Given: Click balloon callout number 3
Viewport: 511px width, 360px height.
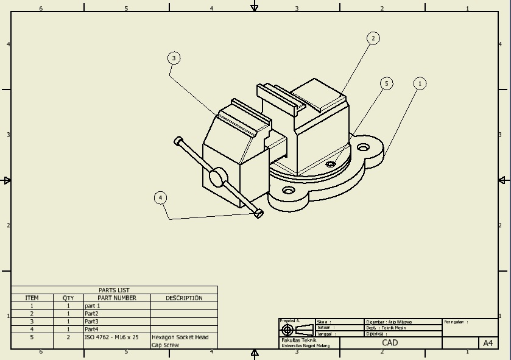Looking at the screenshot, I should click(x=174, y=58).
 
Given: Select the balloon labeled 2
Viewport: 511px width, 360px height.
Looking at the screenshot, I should click(x=373, y=38).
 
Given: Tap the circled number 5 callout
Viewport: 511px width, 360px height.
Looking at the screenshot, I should click(x=386, y=83).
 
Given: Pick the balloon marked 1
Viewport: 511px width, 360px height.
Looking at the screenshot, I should click(x=419, y=83).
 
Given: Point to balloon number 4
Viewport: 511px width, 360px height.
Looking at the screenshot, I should click(x=160, y=198).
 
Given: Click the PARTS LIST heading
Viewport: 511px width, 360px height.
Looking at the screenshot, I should click(x=114, y=291).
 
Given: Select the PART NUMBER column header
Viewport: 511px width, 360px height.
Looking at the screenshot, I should click(x=117, y=298).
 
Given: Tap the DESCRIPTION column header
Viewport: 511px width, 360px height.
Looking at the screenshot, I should click(x=184, y=298).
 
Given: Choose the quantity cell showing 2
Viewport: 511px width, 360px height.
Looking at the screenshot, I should click(x=68, y=337).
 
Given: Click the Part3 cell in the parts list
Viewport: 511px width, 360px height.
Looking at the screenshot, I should click(x=91, y=322).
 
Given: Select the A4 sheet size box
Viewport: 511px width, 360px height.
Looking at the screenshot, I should click(x=488, y=343).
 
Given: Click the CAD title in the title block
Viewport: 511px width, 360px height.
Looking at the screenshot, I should click(x=390, y=343).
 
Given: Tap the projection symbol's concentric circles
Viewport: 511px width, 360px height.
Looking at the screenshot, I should click(x=287, y=330).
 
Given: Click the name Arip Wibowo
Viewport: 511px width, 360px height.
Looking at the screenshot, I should click(x=400, y=322).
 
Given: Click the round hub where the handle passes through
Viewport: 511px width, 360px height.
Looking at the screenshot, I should click(x=216, y=178).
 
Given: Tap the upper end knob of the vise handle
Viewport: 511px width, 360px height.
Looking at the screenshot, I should click(x=177, y=141).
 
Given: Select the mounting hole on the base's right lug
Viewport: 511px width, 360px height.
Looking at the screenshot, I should click(x=364, y=147).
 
